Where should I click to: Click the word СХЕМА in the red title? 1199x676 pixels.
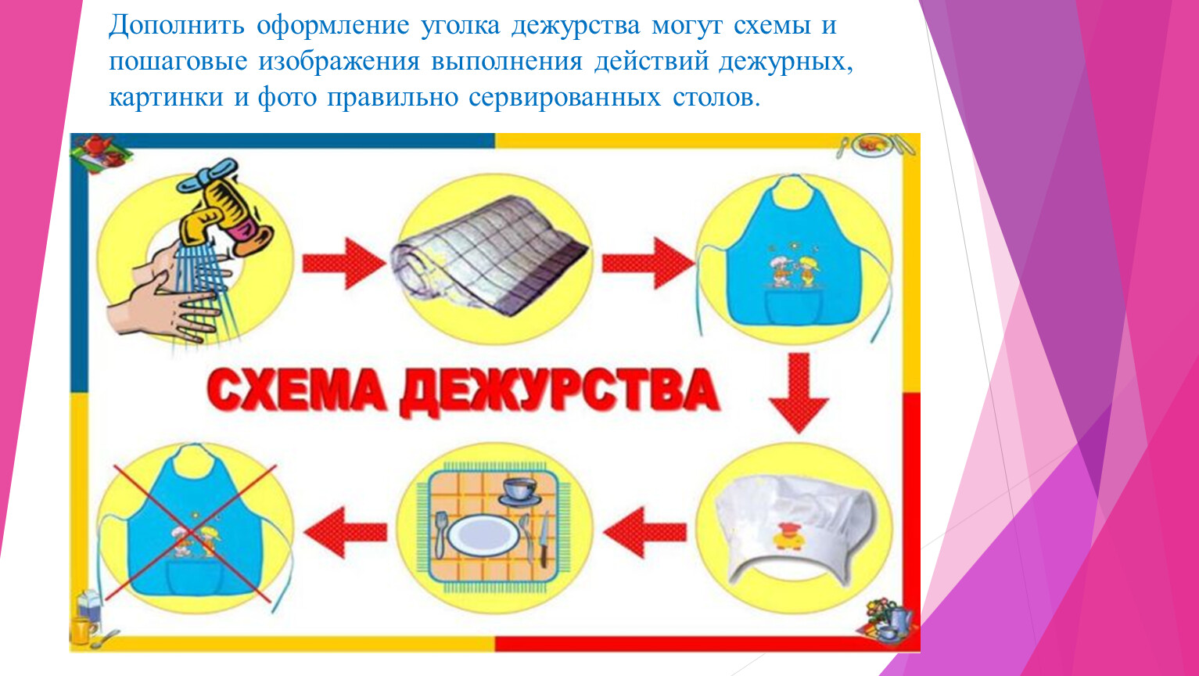click(296, 390)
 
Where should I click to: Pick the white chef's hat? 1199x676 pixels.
click(795, 528)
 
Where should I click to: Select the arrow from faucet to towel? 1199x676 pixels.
click(344, 263)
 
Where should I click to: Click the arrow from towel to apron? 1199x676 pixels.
click(648, 263)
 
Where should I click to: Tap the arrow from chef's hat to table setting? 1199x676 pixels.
click(645, 533)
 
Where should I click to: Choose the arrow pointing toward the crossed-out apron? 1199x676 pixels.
click(346, 533)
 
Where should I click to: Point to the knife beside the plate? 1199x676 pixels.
click(544, 539)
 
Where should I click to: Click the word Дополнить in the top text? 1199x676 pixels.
click(177, 26)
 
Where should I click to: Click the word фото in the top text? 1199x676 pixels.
click(288, 98)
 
